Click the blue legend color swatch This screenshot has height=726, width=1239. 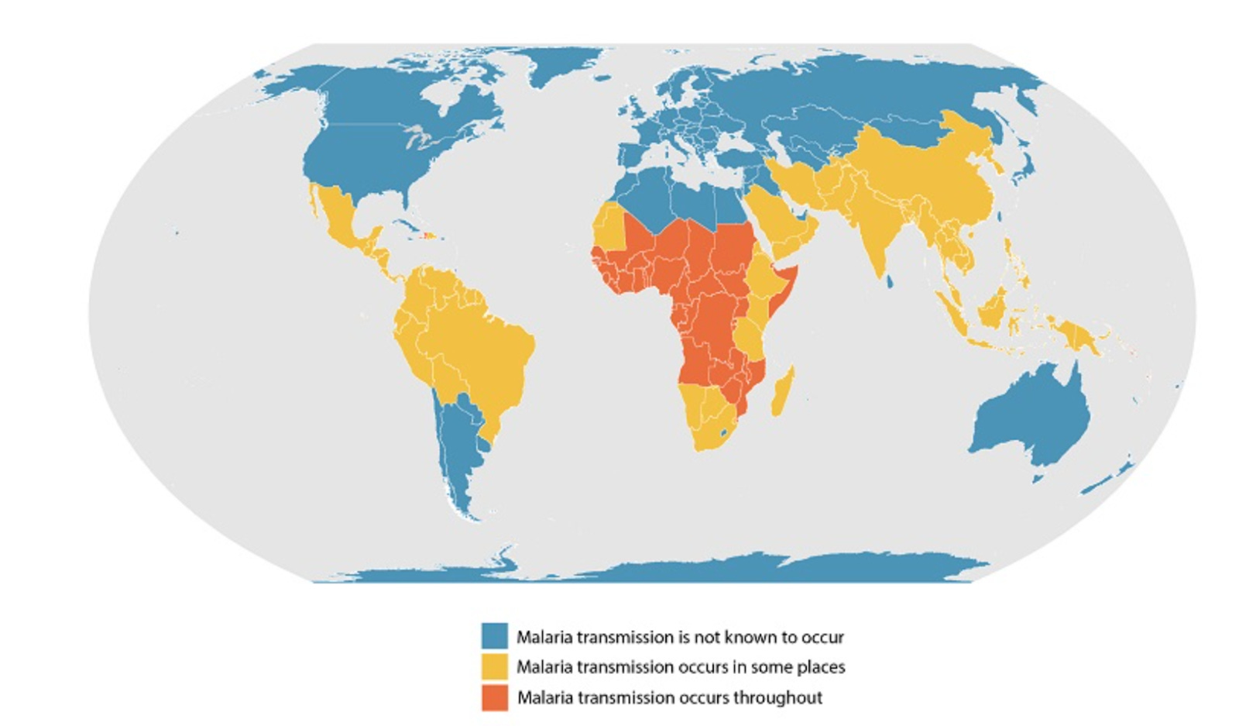(494, 636)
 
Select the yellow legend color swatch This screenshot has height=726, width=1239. (494, 666)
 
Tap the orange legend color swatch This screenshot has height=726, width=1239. (494, 697)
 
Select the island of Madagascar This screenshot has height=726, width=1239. (782, 391)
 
